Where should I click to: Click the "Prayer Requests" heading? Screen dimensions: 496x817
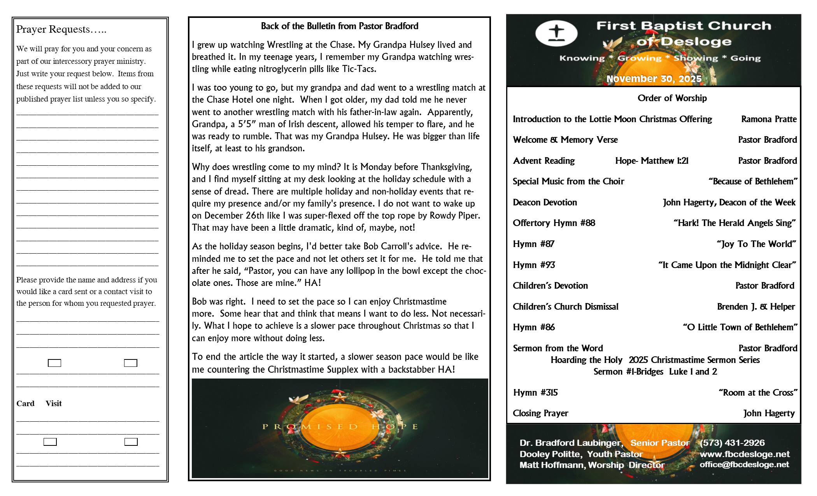point(61,30)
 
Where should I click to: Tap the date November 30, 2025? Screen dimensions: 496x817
point(654,79)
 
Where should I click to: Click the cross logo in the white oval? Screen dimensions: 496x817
point(556,33)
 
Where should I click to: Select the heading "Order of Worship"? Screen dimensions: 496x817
point(672,98)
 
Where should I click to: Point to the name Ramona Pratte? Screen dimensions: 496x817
point(768,119)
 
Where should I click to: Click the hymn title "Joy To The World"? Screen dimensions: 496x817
point(756,244)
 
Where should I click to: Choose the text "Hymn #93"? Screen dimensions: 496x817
point(534,265)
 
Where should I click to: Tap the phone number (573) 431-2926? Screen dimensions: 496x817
point(732,443)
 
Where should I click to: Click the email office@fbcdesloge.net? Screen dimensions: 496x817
point(744,464)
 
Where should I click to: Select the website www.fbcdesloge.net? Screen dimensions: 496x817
point(744,454)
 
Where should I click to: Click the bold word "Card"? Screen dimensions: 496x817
point(25,403)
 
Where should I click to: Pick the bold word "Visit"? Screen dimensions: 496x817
point(54,403)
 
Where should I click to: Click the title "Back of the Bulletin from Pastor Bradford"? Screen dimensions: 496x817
point(339,26)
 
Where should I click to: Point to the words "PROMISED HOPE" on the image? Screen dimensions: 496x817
point(340,426)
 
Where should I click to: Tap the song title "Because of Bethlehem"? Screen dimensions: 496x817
point(753,181)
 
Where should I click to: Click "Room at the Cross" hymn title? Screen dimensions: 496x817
point(757,393)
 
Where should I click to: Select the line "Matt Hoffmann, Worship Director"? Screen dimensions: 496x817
point(592,465)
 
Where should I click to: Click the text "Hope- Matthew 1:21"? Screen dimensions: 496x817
point(652,161)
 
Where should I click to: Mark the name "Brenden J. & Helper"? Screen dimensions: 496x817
point(756,307)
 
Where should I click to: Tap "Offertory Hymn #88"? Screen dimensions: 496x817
point(554,223)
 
